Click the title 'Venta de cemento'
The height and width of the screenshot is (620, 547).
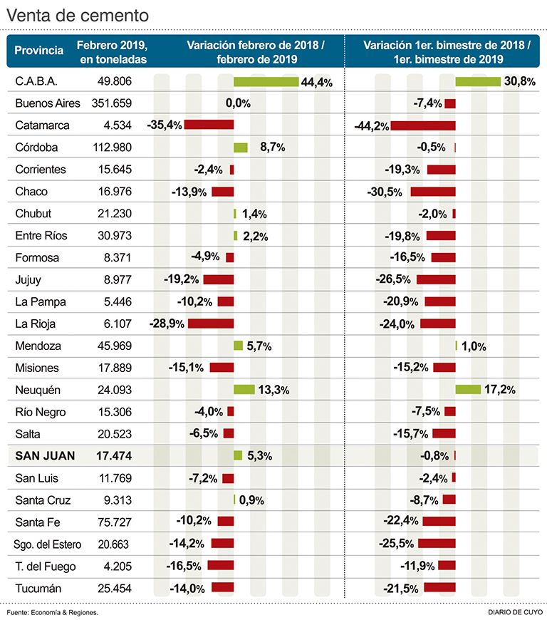(x=78, y=15)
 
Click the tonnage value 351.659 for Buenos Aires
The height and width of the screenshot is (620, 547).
(x=113, y=103)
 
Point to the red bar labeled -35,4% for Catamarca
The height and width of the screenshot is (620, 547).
(x=209, y=125)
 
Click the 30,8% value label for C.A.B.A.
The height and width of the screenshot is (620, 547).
(x=519, y=81)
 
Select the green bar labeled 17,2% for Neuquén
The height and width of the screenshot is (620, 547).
(x=468, y=390)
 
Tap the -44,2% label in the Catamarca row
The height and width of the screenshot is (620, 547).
(x=372, y=126)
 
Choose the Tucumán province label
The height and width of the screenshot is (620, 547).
(x=38, y=589)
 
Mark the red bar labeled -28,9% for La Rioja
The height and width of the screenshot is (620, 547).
(x=211, y=324)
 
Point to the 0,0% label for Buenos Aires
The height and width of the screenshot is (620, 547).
(x=238, y=103)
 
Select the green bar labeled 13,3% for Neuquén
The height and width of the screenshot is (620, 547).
(x=244, y=390)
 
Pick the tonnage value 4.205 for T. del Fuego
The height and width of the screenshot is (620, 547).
(x=118, y=567)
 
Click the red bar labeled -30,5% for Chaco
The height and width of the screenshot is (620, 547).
(x=432, y=192)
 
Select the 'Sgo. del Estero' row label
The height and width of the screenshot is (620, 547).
(x=48, y=544)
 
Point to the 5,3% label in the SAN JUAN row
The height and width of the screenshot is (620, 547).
(x=259, y=456)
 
